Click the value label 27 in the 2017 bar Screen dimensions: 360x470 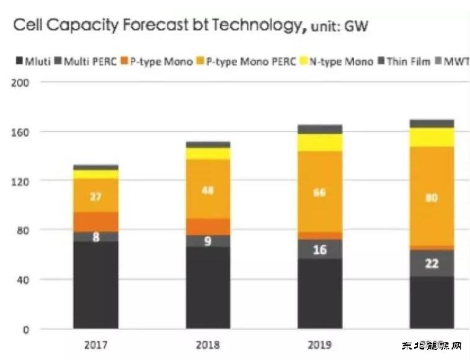pyautogui.click(x=95, y=197)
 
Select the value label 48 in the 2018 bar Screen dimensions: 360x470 pyautogui.click(x=207, y=191)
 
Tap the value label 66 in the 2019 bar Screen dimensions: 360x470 pyautogui.click(x=319, y=193)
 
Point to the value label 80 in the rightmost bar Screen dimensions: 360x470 pyautogui.click(x=432, y=199)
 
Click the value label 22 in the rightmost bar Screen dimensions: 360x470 pyautogui.click(x=432, y=263)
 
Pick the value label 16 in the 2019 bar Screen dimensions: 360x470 pyautogui.click(x=319, y=250)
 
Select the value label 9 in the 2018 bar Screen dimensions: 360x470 pyautogui.click(x=207, y=241)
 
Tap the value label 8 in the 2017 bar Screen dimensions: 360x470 pyautogui.click(x=95, y=236)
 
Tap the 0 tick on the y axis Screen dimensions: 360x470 pyautogui.click(x=27, y=329)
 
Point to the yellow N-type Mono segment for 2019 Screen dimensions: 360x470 pyautogui.click(x=319, y=143)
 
